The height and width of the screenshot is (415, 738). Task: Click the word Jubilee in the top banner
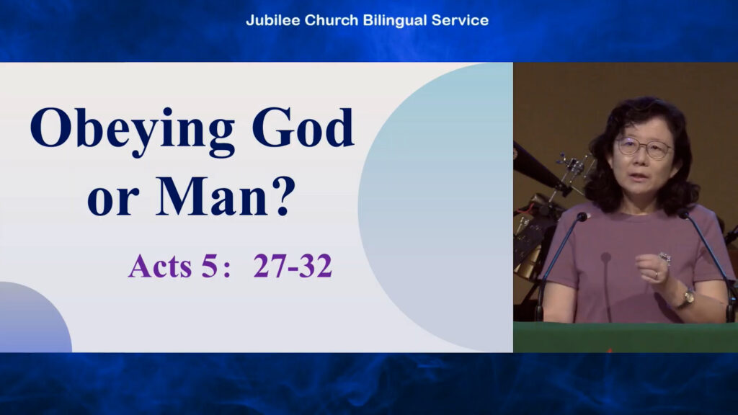click(273, 20)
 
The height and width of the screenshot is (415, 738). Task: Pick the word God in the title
click(303, 127)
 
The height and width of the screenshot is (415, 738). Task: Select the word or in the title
click(113, 202)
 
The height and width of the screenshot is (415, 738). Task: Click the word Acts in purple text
click(160, 266)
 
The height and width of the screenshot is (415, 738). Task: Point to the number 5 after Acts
click(209, 266)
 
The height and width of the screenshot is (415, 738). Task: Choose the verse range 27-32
click(293, 266)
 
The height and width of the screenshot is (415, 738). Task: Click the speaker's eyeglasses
click(644, 147)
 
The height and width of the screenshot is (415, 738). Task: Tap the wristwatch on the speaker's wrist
click(688, 298)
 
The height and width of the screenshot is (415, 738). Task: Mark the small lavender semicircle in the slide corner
click(36, 317)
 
